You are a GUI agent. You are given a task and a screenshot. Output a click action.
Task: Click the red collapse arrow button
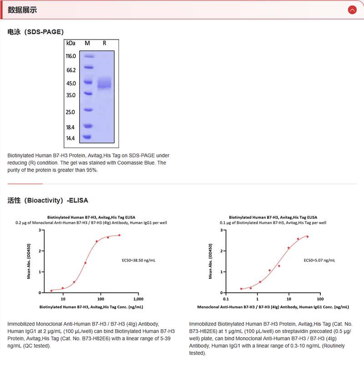click(x=352, y=10)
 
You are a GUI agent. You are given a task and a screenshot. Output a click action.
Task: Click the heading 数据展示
click(x=23, y=10)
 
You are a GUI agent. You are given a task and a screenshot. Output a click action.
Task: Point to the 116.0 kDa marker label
click(x=71, y=56)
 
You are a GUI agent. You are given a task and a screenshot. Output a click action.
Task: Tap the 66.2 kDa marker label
click(x=71, y=70)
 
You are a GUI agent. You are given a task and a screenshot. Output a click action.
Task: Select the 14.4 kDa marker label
click(x=71, y=138)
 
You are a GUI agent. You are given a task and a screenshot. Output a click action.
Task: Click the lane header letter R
click(x=104, y=43)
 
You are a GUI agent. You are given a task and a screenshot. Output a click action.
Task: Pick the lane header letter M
click(x=87, y=43)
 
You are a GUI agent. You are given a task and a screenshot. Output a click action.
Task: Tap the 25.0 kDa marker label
click(x=71, y=112)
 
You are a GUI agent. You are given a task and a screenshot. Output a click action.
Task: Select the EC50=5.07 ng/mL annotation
click(x=319, y=260)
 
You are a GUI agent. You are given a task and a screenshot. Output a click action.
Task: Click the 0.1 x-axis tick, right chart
click(x=226, y=299)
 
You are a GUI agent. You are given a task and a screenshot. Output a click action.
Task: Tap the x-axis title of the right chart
click(x=273, y=307)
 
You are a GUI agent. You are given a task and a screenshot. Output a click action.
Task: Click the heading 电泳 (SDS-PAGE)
click(x=35, y=32)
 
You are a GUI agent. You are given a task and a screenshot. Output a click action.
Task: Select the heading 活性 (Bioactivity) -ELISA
click(x=48, y=200)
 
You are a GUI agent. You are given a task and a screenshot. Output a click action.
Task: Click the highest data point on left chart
click(x=120, y=235)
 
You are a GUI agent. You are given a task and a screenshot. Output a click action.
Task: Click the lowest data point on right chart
click(x=241, y=289)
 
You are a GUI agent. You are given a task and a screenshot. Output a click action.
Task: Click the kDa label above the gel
click(x=71, y=43)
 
